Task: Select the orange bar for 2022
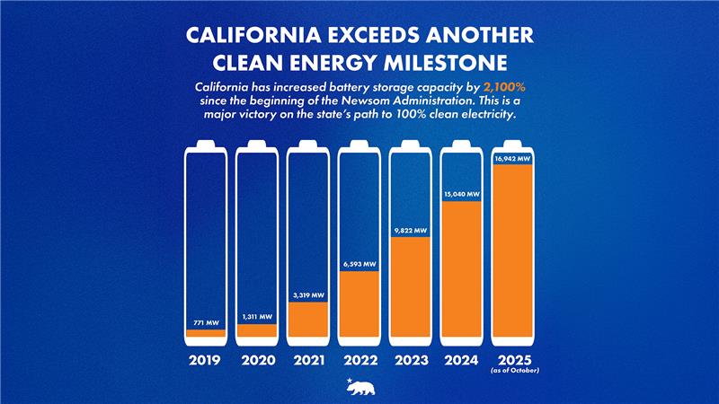coord(359,305)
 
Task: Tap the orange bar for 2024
coord(462,271)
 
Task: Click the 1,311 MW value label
coord(255,316)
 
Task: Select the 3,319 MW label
coord(307,295)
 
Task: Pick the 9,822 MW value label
coord(411,230)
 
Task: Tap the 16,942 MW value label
coord(513,159)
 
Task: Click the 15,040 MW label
coord(462,194)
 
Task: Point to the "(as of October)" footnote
coord(513,370)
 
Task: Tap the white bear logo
coord(359,387)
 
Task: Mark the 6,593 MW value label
coord(359,264)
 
